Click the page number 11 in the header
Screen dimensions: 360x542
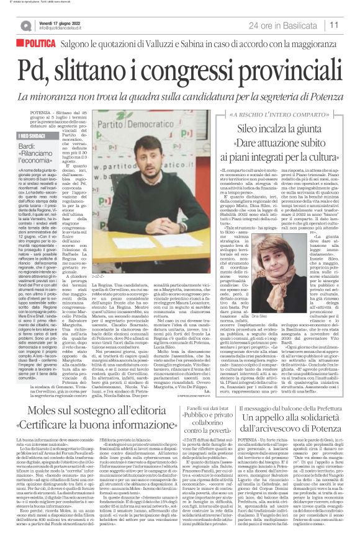coord(350,25)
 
